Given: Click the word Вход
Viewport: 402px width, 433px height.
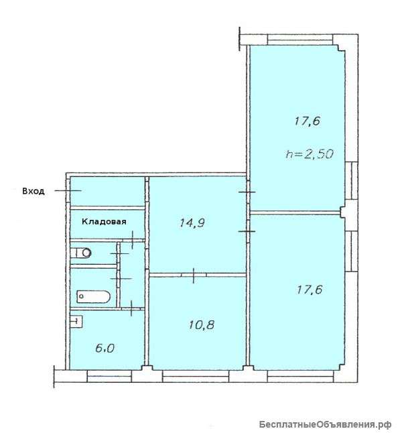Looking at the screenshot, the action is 33,192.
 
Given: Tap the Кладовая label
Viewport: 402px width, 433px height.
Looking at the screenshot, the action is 104,222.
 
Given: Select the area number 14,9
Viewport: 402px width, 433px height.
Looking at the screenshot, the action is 192,223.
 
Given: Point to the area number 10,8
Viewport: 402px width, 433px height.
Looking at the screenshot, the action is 202,324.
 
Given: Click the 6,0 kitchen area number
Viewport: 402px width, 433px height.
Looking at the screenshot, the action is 105,349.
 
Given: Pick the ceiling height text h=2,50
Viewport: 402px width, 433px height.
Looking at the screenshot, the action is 310,153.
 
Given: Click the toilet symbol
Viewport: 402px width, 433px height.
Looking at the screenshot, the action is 81,253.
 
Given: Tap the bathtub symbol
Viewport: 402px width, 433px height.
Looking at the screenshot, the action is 93,297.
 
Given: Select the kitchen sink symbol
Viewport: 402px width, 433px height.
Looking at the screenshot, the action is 76,322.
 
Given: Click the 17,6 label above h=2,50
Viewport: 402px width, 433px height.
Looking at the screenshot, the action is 308,121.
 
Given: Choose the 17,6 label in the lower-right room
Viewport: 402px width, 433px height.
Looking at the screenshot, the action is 310,290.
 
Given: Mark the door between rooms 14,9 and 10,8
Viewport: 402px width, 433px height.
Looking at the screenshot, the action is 194,275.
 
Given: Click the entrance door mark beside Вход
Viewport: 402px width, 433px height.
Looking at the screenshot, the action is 68,190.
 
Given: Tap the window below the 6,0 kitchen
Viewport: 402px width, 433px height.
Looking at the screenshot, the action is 109,377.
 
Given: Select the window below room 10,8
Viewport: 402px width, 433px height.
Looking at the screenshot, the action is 196,377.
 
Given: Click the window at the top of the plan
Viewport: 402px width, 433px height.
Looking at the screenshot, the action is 300,40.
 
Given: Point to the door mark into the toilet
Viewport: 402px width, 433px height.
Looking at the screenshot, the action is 119,253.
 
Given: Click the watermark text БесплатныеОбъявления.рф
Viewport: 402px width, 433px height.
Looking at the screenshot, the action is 325,424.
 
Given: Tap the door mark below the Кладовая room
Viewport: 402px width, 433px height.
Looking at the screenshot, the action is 133,239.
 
